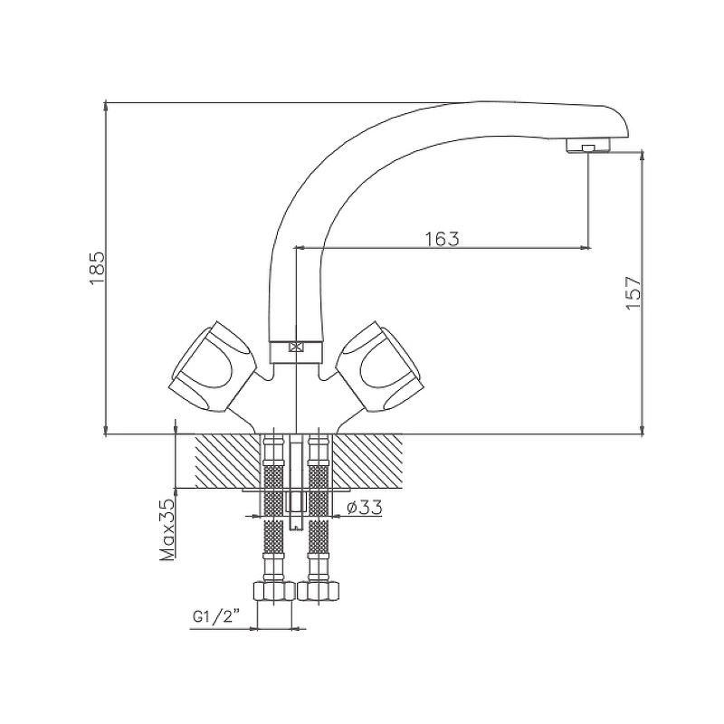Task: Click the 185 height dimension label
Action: [98, 268]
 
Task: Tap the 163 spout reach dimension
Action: [442, 239]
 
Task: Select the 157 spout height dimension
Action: [633, 293]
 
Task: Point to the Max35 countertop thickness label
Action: [167, 530]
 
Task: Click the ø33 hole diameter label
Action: [365, 508]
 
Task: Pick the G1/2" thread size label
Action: [216, 616]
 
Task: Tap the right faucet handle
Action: [378, 367]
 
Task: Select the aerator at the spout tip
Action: [588, 146]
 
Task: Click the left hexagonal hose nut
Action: [274, 591]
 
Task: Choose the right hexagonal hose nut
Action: [319, 591]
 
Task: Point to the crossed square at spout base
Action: [295, 347]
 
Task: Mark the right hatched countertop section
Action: [367, 461]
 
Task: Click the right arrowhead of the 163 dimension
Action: [586, 248]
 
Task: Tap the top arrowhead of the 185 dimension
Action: [106, 106]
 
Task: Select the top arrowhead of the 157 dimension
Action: [643, 156]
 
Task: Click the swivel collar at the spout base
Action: [295, 352]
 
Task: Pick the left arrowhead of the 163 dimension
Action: [300, 248]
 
